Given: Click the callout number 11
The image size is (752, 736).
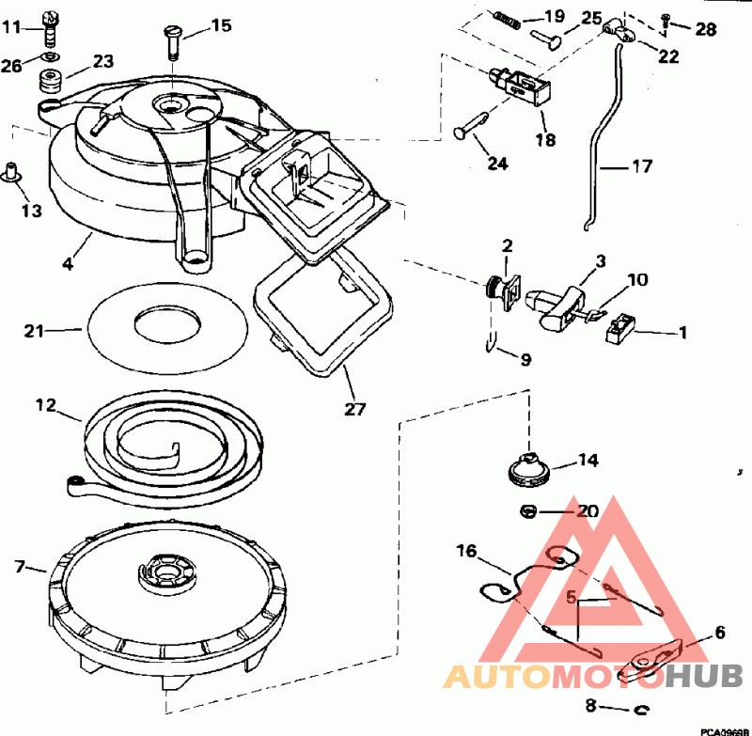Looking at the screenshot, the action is click(x=12, y=27).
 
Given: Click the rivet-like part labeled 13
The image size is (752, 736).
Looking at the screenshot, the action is click(x=11, y=173).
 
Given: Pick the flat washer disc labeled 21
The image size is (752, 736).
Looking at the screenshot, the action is click(x=167, y=327).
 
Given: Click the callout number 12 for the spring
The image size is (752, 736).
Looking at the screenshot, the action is click(x=46, y=406).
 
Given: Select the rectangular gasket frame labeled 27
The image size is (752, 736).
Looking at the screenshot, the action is click(x=322, y=311).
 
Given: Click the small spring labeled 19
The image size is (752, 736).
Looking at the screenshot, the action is click(x=506, y=20).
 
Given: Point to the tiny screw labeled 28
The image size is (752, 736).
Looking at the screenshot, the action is click(x=666, y=21).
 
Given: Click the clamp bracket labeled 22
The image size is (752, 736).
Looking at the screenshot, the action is click(x=619, y=29).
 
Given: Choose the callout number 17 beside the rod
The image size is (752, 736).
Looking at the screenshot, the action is click(x=642, y=166).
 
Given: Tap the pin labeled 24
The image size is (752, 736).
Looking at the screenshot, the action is click(x=472, y=127).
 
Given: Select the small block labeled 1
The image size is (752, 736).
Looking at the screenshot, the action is click(x=620, y=328).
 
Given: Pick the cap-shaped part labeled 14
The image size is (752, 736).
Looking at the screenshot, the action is click(x=530, y=469).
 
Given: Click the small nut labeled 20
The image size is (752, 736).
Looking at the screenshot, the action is click(x=528, y=511).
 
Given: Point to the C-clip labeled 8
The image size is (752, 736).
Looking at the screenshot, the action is click(x=642, y=709).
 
